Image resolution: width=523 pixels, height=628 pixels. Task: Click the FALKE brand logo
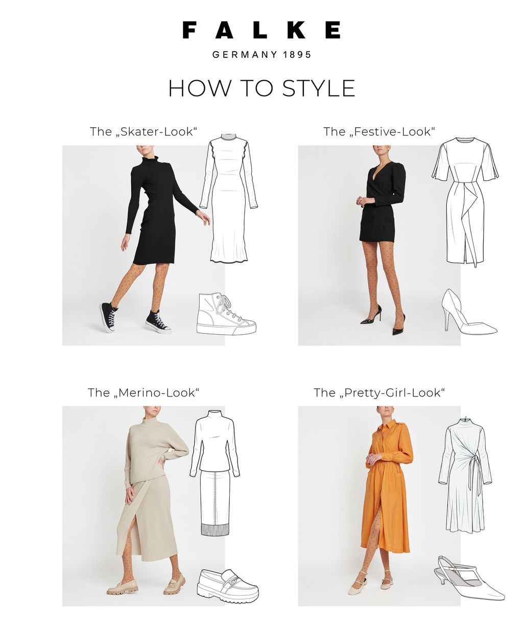(261, 30)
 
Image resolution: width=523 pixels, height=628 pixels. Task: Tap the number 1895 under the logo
(297, 55)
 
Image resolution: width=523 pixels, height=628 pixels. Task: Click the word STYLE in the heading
(319, 88)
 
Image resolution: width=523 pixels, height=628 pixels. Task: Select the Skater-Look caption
(143, 131)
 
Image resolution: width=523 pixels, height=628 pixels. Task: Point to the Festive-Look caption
(379, 131)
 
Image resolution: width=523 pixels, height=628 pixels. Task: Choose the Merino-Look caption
(144, 392)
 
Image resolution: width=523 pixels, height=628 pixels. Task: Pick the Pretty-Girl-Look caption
(379, 392)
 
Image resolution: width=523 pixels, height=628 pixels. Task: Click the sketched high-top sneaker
(226, 314)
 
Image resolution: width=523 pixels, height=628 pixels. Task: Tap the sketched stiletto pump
(469, 312)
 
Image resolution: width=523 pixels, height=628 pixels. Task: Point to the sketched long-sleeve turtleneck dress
(228, 198)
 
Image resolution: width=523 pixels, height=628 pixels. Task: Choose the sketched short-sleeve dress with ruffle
(465, 202)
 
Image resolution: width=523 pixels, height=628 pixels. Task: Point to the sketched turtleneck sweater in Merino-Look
(215, 442)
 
